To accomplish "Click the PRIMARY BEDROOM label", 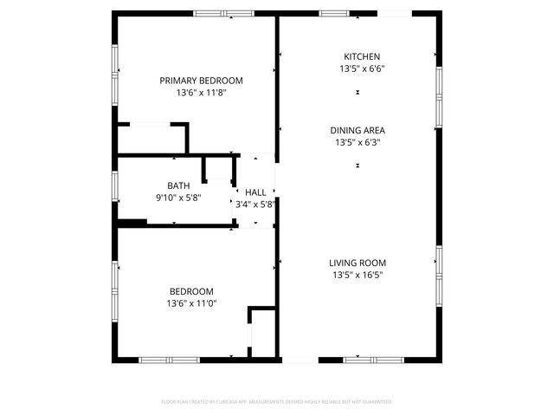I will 201,81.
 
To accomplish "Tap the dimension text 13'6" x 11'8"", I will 201,92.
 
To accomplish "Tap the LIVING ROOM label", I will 358,263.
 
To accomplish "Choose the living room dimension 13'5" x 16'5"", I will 358,275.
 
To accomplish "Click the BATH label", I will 178,185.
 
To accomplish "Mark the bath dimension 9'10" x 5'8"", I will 178,198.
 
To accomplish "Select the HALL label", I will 255,192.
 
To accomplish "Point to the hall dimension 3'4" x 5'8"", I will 255,205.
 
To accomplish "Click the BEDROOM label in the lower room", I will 190,292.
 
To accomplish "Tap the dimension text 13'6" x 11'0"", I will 190,304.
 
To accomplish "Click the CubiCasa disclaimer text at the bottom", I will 277,402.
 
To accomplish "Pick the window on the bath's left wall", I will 114,185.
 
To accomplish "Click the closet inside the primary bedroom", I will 151,140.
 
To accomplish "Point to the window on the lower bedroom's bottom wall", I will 164,360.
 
